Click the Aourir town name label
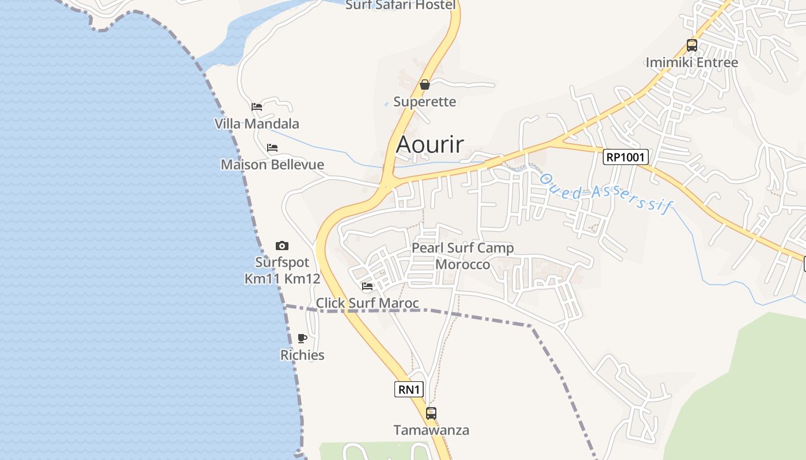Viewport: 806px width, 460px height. coord(429,144)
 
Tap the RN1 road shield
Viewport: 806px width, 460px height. coord(409,389)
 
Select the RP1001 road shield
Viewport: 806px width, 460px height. coord(626,157)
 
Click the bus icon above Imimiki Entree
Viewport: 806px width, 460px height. coord(691,45)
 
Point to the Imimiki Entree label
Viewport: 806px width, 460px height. coord(691,62)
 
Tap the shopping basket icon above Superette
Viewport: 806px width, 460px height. coord(425,85)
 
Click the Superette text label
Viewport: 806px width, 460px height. coord(424,102)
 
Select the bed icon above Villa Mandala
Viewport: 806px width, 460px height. coord(257,107)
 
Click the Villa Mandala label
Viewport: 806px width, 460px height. coord(257,124)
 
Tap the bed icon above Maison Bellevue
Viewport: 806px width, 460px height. coord(272,148)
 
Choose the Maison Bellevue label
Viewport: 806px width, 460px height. coord(272,164)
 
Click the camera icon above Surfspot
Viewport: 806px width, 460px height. coord(282,246)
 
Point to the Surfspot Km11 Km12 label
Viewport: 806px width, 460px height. coord(282,270)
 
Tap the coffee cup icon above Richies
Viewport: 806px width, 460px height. coord(302,338)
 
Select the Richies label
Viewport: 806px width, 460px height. coord(302,355)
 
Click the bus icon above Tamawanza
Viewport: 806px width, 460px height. coord(431,413)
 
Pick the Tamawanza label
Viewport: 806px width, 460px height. coord(431,430)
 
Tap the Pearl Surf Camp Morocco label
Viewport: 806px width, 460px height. coord(462,256)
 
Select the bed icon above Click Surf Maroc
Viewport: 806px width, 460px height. coord(367,286)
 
